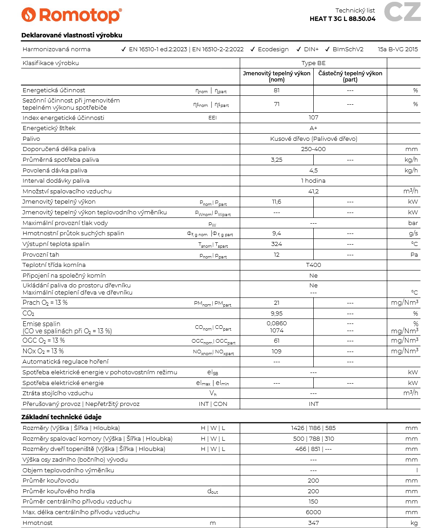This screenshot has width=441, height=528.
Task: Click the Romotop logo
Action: tap(71, 15)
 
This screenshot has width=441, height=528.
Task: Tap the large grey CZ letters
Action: tap(402, 12)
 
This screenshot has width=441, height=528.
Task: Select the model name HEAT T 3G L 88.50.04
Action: tap(342, 19)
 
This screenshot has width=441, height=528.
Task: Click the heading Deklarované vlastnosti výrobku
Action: tap(72, 35)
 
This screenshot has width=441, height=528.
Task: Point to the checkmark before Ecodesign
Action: tap(253, 49)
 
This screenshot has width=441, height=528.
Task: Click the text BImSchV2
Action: tap(348, 49)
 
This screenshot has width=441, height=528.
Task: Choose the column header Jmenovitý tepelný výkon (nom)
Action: tap(276, 77)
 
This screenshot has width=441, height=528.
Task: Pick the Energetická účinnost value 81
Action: tap(277, 90)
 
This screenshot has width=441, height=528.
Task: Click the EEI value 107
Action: tap(313, 118)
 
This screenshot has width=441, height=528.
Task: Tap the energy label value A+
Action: tap(313, 128)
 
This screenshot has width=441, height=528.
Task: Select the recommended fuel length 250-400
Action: tap(313, 149)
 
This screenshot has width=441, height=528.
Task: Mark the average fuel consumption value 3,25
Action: tap(277, 160)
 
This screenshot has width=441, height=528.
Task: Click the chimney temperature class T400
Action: tap(313, 265)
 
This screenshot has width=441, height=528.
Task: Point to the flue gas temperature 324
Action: tap(277, 244)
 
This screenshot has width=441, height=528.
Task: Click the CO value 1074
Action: tap(277, 331)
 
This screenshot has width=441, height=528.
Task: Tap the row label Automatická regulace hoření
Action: tap(65, 362)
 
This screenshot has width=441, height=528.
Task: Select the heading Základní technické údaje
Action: tap(61, 417)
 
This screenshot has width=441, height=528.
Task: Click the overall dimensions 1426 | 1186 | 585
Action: tap(313, 428)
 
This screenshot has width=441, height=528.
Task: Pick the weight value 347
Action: tap(313, 523)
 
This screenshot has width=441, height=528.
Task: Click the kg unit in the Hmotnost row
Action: tap(414, 523)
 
